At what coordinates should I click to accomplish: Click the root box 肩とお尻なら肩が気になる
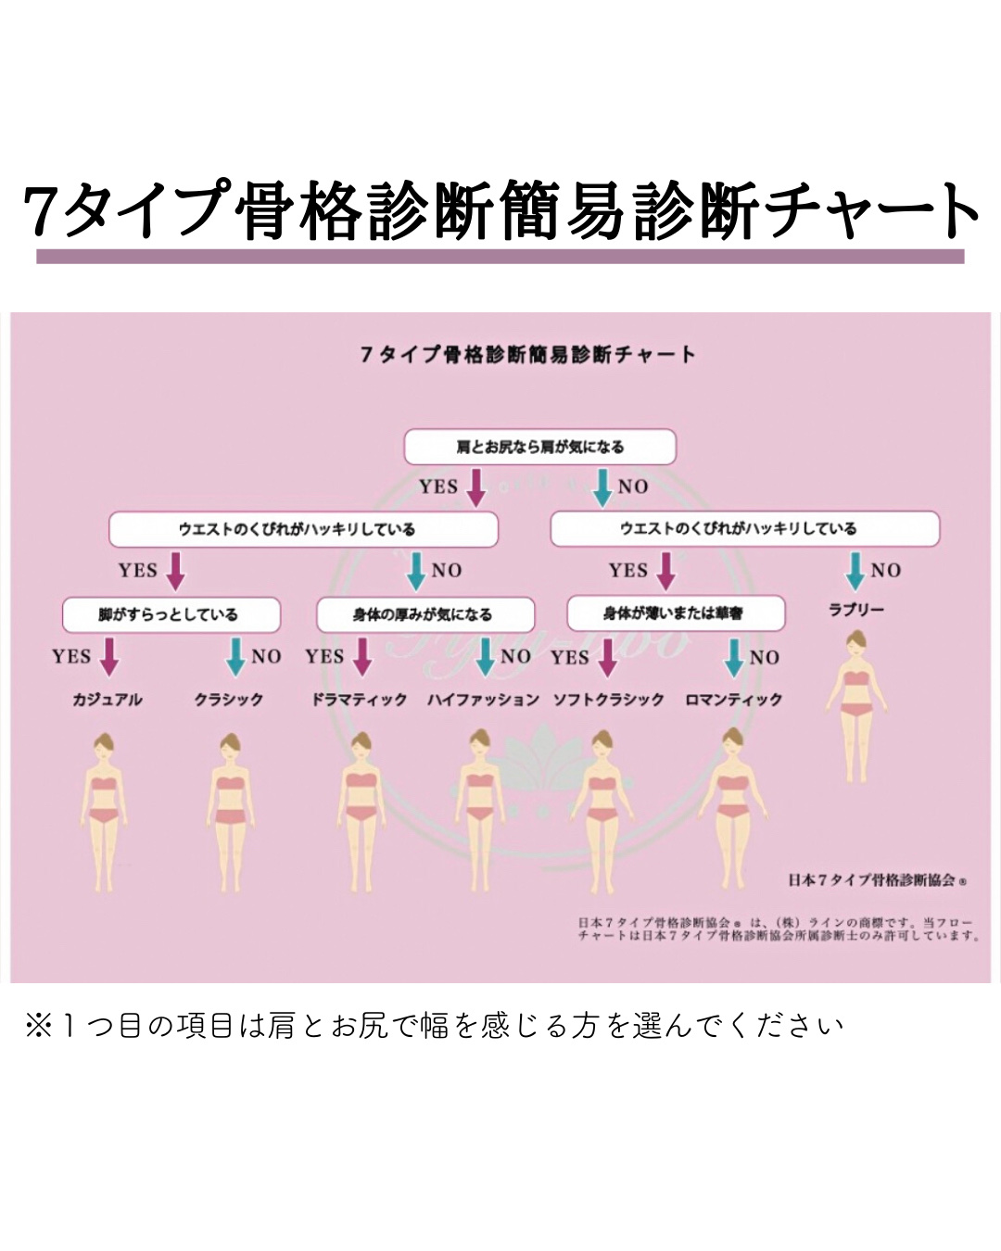539,447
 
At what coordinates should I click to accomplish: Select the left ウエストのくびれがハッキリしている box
303,529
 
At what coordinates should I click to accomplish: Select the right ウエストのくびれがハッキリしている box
744,528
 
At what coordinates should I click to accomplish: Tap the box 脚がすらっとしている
171,614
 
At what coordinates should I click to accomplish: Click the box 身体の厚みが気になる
425,614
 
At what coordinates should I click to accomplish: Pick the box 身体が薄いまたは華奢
676,613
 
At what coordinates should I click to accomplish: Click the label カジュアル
108,700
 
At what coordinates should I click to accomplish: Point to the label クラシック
229,700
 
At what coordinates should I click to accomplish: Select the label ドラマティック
360,700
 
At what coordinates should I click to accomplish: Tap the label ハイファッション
483,700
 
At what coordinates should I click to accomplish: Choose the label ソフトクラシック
609,700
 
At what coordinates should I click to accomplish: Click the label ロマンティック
734,700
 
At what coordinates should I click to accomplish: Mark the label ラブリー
856,610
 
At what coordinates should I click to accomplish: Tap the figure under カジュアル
105,811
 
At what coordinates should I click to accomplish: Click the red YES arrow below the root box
475,487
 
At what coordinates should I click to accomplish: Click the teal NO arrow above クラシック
236,657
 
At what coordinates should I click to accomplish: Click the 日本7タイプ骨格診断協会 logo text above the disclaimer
877,879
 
